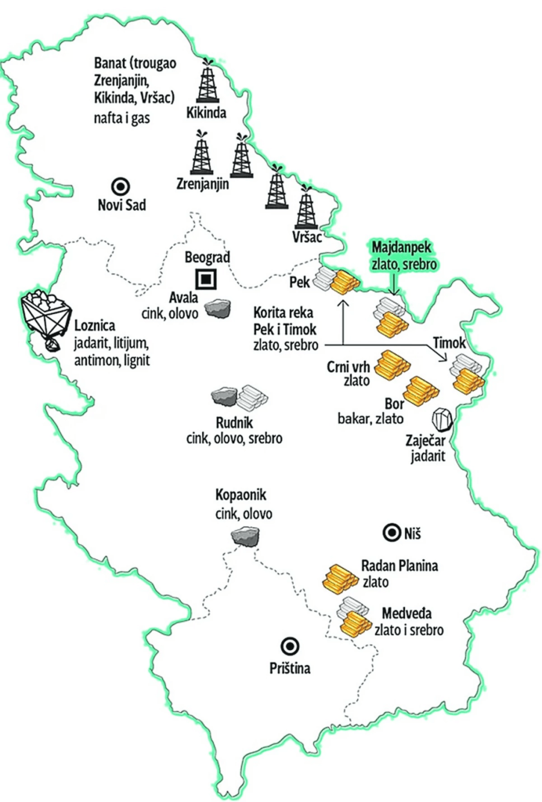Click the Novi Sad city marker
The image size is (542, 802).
[120, 186]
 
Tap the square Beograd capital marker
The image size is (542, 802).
[207, 278]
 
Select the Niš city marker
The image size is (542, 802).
[389, 533]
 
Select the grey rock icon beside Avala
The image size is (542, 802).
[219, 309]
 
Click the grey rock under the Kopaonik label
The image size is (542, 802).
[247, 536]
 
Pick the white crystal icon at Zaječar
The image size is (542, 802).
[443, 420]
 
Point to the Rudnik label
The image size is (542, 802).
[234, 424]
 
